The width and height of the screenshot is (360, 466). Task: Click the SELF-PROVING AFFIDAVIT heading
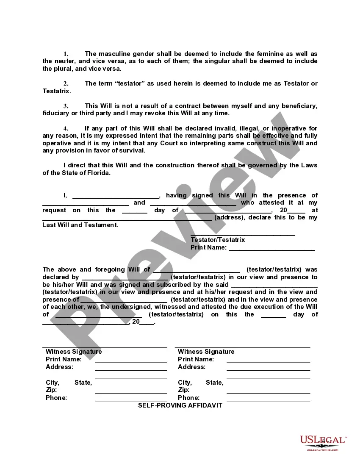tap(180, 405)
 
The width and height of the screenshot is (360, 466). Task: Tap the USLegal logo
tap(323, 442)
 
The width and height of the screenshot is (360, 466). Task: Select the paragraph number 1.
tap(66, 54)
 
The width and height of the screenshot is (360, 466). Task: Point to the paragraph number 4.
tap(66, 128)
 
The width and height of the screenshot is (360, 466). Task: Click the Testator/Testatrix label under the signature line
tap(218, 240)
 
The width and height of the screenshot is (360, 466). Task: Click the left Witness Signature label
tap(74, 352)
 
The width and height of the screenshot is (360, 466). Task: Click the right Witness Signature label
tap(206, 352)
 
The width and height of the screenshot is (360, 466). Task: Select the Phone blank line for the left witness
tap(131, 400)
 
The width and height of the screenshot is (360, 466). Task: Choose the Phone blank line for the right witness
tap(268, 400)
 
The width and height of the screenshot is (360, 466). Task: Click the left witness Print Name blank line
tap(131, 362)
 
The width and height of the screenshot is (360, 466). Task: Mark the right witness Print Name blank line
tap(268, 362)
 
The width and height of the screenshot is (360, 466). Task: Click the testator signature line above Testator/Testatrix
tap(243, 235)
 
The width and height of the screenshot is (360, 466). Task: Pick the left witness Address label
tap(59, 367)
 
